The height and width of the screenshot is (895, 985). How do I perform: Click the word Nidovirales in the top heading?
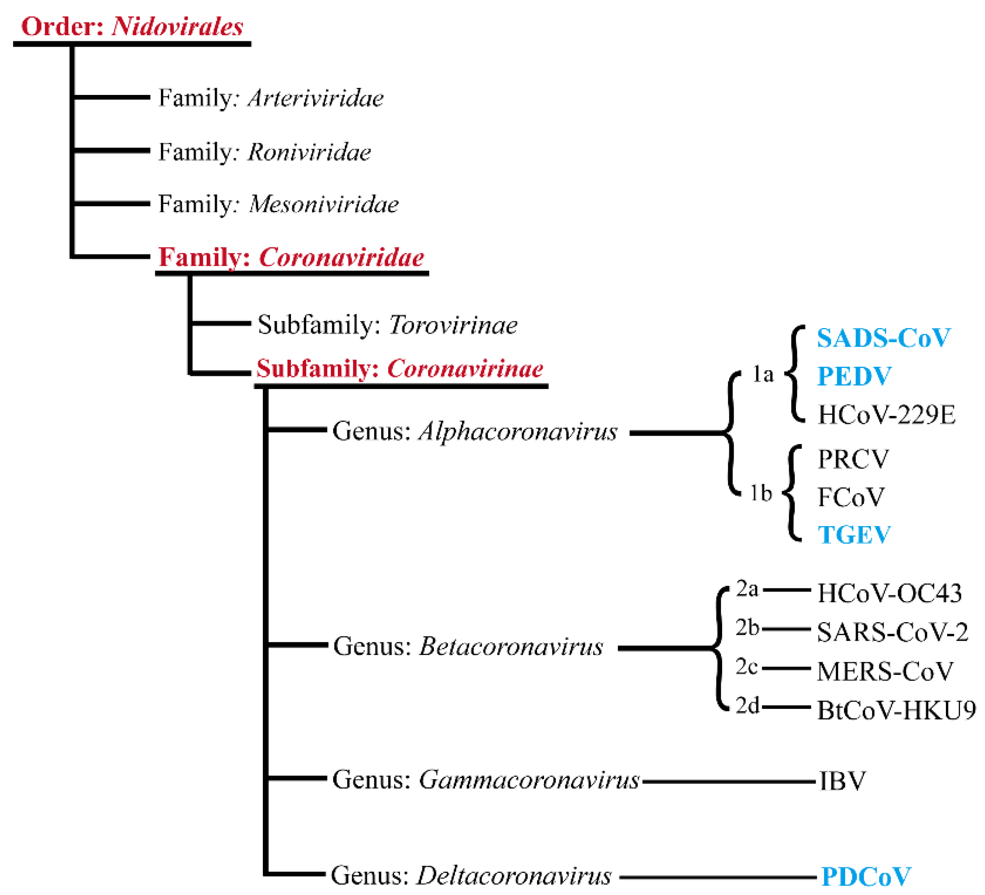(177, 26)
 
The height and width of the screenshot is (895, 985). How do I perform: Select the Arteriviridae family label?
(316, 98)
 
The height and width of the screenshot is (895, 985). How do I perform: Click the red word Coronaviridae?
(341, 257)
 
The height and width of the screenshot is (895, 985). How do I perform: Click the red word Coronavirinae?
(465, 369)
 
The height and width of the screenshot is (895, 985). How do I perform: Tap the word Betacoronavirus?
(511, 646)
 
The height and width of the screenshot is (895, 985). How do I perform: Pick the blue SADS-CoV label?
(883, 338)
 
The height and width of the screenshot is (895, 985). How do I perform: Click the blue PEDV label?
(854, 376)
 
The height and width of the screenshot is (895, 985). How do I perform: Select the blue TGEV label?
(854, 535)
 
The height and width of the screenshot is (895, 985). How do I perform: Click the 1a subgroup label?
(763, 375)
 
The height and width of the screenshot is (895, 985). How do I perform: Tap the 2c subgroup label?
(746, 667)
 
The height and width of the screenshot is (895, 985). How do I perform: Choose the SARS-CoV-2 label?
(892, 633)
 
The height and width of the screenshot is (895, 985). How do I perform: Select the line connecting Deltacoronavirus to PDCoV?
(717, 877)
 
